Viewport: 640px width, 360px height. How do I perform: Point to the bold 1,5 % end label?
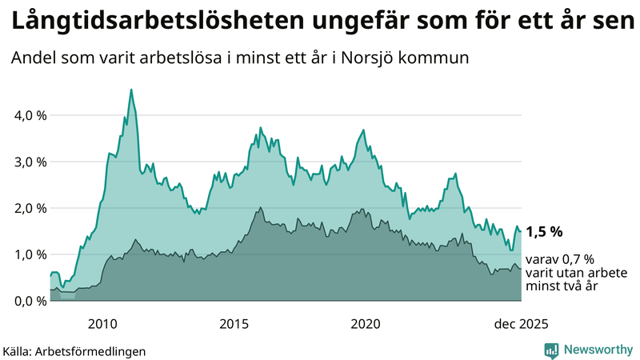[x=544, y=231]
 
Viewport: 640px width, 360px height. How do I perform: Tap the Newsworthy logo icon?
[x=551, y=350]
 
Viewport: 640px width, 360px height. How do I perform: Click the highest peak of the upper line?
[x=131, y=90]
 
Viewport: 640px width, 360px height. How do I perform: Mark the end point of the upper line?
[x=521, y=231]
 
